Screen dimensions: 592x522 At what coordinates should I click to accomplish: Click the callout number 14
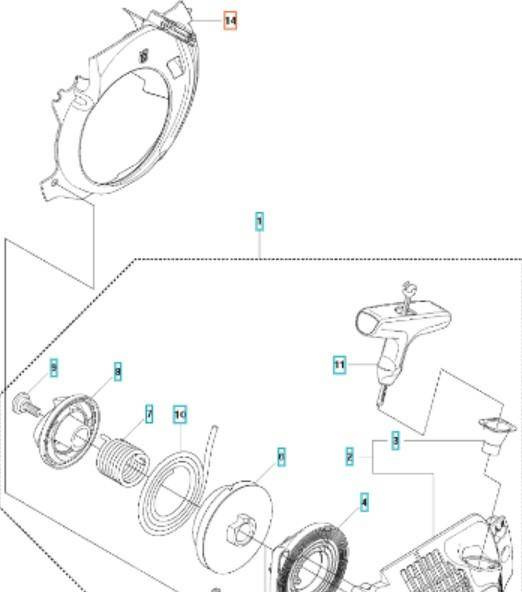[230, 20]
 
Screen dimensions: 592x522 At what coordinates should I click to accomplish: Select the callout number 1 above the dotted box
[259, 221]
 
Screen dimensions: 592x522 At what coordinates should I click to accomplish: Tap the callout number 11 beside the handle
[339, 366]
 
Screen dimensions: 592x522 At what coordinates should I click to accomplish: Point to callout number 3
[396, 440]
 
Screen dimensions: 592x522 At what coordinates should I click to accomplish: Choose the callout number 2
[350, 456]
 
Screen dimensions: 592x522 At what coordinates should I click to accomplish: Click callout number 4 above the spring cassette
[364, 501]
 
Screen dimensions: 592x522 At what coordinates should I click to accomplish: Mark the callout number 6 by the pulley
[281, 456]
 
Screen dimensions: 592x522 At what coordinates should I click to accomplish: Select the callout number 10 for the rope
[180, 414]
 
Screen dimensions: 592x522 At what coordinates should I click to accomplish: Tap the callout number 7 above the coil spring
[149, 413]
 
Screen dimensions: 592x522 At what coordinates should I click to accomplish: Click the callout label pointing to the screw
[54, 369]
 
